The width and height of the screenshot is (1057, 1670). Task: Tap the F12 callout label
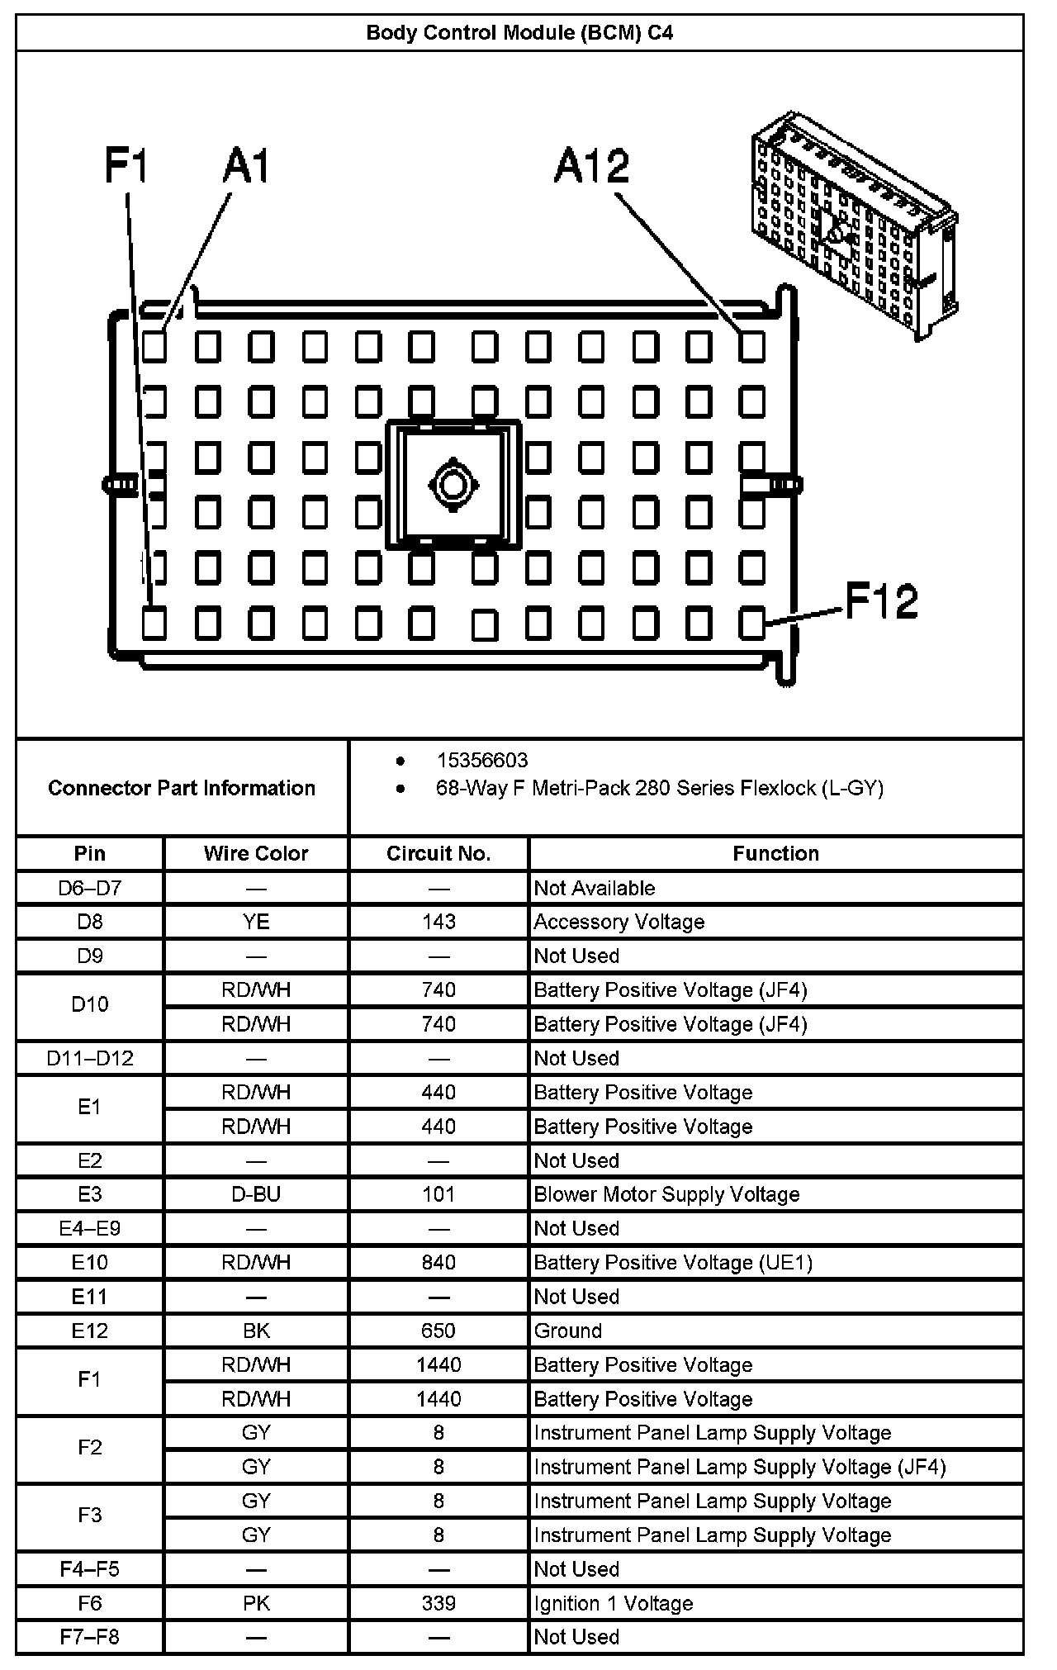(x=881, y=601)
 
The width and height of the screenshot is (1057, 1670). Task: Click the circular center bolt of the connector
(x=453, y=485)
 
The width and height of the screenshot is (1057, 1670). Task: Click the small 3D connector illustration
(x=854, y=225)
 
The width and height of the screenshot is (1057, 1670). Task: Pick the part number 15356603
(x=482, y=760)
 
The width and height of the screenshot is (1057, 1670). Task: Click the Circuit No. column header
(x=438, y=853)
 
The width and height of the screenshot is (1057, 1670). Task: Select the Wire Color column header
(x=256, y=853)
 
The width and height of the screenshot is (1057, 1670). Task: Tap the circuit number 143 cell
(x=438, y=922)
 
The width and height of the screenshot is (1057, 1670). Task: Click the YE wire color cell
(x=256, y=922)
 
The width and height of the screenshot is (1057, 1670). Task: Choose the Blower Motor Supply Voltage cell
(x=666, y=1194)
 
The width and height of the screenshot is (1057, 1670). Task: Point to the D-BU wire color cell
(x=256, y=1194)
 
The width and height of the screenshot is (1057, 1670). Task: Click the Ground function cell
(x=568, y=1331)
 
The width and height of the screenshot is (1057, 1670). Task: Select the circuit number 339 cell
(x=438, y=1603)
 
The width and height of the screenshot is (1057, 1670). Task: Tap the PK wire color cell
(x=256, y=1603)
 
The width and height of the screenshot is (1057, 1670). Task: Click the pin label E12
(x=90, y=1331)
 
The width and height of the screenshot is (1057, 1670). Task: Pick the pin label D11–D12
(x=90, y=1058)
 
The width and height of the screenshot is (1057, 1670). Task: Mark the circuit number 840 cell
(x=438, y=1262)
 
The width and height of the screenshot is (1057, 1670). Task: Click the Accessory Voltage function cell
(x=619, y=922)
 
